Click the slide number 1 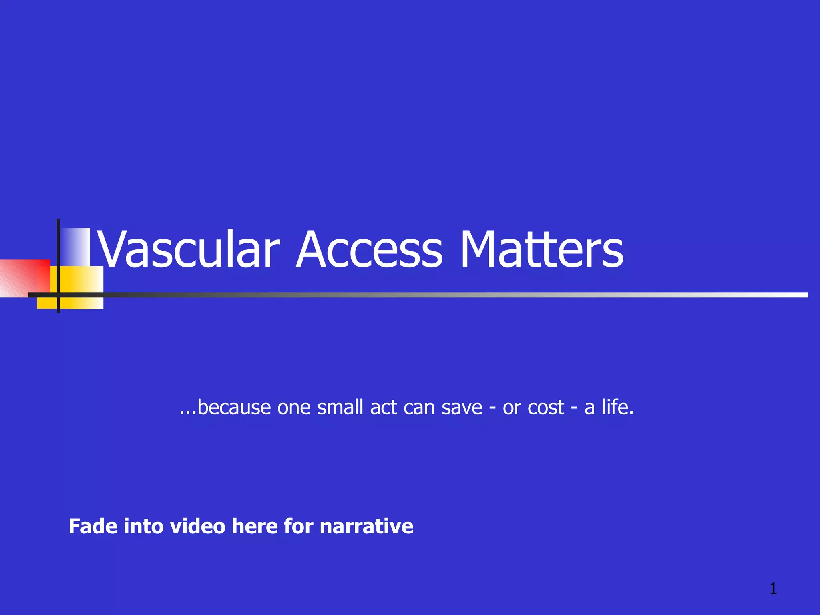pos(773,589)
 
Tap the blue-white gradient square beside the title pos(76,246)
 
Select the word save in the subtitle pos(462,408)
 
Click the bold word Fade pos(93,526)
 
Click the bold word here pos(255,526)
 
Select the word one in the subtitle pos(294,408)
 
